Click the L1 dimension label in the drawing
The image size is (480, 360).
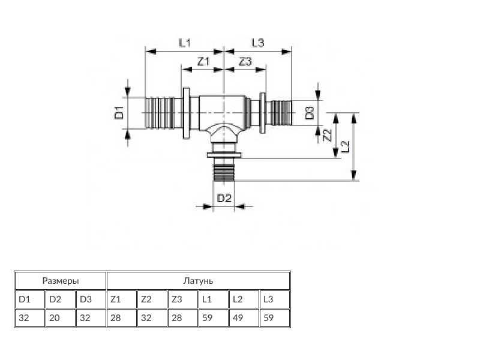pos(185,43)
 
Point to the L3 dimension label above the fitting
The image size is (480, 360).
pos(258,43)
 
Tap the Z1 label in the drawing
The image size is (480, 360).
pos(203,62)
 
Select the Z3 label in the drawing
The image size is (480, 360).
pos(245,62)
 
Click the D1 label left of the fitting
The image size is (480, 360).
pos(119,112)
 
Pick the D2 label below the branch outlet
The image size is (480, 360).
pos(224,199)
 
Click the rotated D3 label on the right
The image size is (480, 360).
pos(310,113)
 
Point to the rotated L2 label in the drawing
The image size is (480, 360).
pos(344,146)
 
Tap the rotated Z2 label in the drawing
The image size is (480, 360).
pos(327,136)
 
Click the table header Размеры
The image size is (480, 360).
pos(61,281)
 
